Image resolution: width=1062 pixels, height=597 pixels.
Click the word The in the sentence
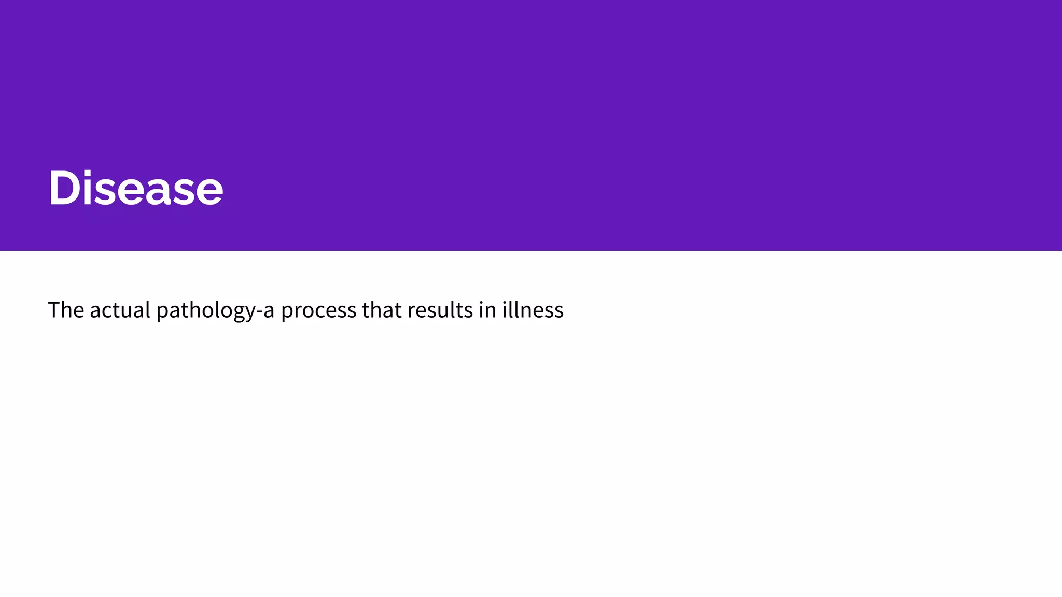pyautogui.click(x=66, y=310)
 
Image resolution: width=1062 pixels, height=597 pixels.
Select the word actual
pyautogui.click(x=120, y=310)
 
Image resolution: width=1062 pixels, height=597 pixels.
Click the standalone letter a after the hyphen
pyautogui.click(x=269, y=311)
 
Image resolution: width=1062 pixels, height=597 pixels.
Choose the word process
pyautogui.click(x=319, y=312)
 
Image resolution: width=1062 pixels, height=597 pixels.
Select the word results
pyautogui.click(x=440, y=310)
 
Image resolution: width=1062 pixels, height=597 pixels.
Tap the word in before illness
pyautogui.click(x=487, y=310)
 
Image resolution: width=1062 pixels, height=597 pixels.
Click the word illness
pyautogui.click(x=533, y=310)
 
